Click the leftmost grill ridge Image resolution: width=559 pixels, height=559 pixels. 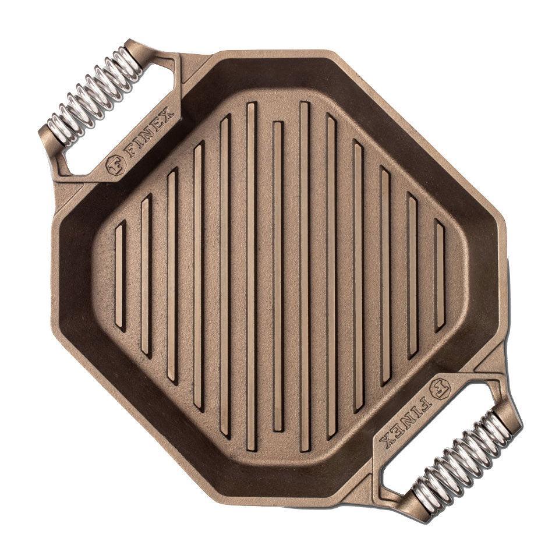pyautogui.click(x=121, y=275)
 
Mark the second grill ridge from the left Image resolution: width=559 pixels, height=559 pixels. pyautogui.click(x=147, y=275)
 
